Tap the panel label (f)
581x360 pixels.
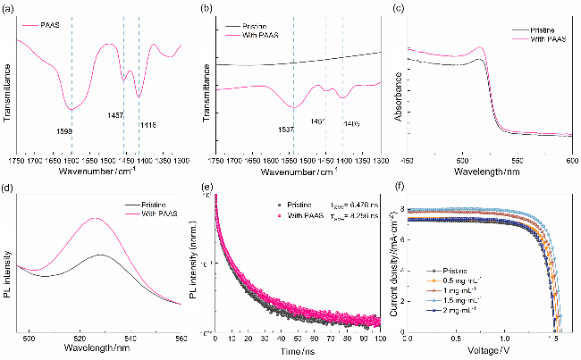point(400,188)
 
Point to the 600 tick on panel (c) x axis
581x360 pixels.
point(572,160)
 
